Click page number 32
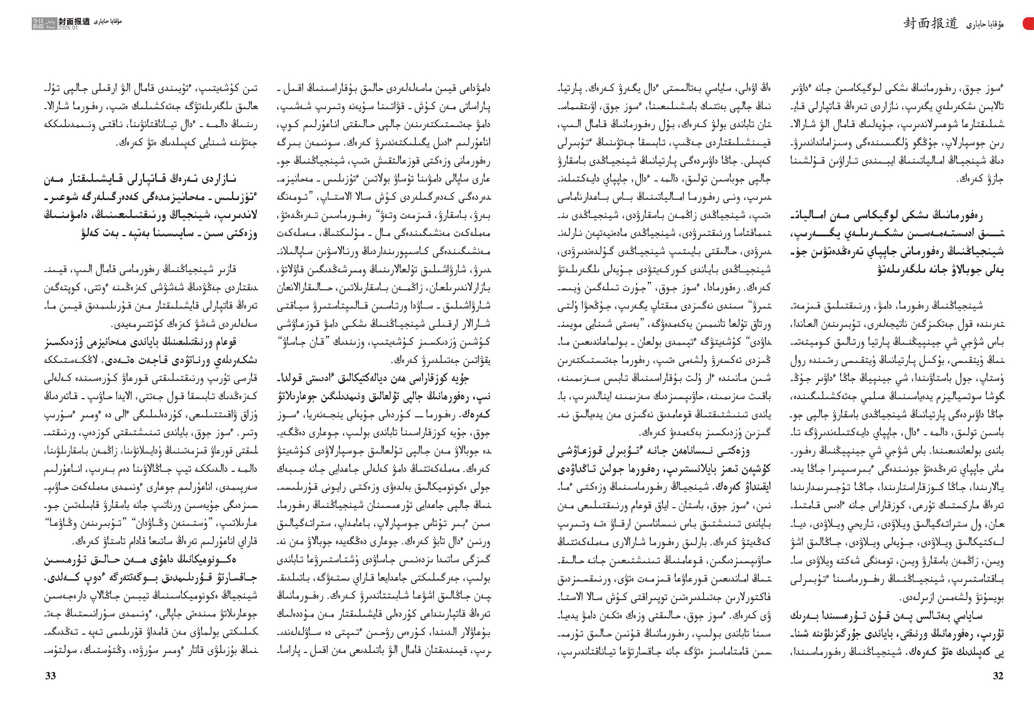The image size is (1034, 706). [998, 676]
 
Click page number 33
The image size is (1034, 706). [50, 676]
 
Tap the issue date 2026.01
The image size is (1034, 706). [68, 28]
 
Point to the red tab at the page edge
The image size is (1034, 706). [1029, 24]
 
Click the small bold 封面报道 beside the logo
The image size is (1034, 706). [74, 21]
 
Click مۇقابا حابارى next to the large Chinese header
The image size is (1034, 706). [985, 24]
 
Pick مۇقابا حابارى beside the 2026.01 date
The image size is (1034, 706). [107, 21]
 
